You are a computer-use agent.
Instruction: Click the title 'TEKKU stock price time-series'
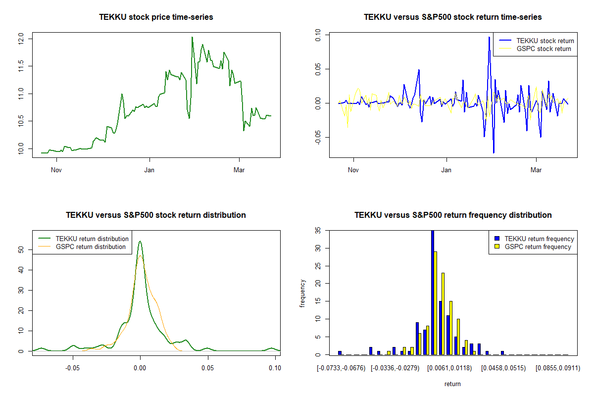click(x=156, y=17)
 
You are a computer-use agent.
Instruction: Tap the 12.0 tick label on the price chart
click(x=21, y=39)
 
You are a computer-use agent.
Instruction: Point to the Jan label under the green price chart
click(x=149, y=170)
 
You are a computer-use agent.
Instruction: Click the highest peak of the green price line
click(x=192, y=37)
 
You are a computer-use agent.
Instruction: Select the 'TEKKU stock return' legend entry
click(x=536, y=41)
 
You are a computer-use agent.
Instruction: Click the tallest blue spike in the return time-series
click(x=489, y=38)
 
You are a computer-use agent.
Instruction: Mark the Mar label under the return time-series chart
click(x=536, y=170)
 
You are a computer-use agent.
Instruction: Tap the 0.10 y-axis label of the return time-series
click(x=318, y=35)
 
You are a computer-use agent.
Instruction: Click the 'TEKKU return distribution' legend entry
click(x=83, y=239)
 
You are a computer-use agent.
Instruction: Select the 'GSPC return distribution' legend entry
click(x=82, y=247)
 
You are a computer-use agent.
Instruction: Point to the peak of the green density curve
click(x=140, y=241)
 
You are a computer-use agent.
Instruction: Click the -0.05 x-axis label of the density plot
click(x=72, y=368)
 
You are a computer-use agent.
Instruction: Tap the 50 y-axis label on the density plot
click(x=21, y=249)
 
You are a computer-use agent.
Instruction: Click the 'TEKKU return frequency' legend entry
click(x=534, y=239)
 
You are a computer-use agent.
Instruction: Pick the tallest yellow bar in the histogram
click(x=435, y=303)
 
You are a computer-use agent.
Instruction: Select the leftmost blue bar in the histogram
click(x=340, y=353)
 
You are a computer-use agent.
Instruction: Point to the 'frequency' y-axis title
click(x=302, y=293)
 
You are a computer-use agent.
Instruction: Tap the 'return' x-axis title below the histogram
click(x=452, y=384)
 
